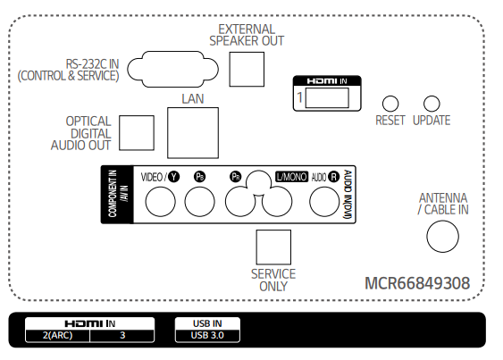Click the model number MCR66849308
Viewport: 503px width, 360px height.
pyautogui.click(x=417, y=283)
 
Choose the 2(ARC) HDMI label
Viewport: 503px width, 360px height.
pyautogui.click(x=58, y=335)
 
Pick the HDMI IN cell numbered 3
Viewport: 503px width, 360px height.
pyautogui.click(x=122, y=335)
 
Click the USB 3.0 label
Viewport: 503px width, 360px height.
pyautogui.click(x=207, y=335)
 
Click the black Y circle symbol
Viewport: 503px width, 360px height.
pyautogui.click(x=174, y=177)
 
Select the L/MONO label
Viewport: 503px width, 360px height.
pyautogui.click(x=291, y=177)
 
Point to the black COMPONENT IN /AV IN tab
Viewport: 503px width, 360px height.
pyautogui.click(x=117, y=195)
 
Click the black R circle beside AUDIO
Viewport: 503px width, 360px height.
pyautogui.click(x=333, y=177)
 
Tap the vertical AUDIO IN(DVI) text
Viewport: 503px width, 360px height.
pyautogui.click(x=348, y=195)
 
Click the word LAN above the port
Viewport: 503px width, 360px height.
pyautogui.click(x=193, y=99)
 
